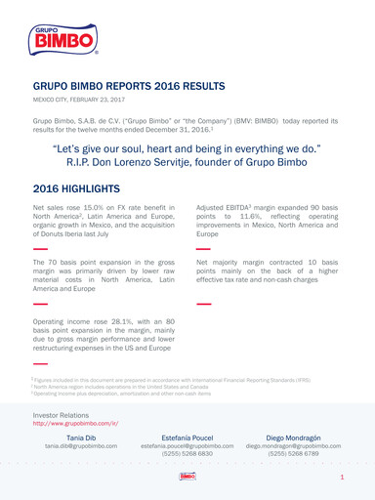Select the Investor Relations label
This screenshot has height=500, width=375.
(67, 415)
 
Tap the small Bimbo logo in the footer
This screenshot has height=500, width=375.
(187, 477)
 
